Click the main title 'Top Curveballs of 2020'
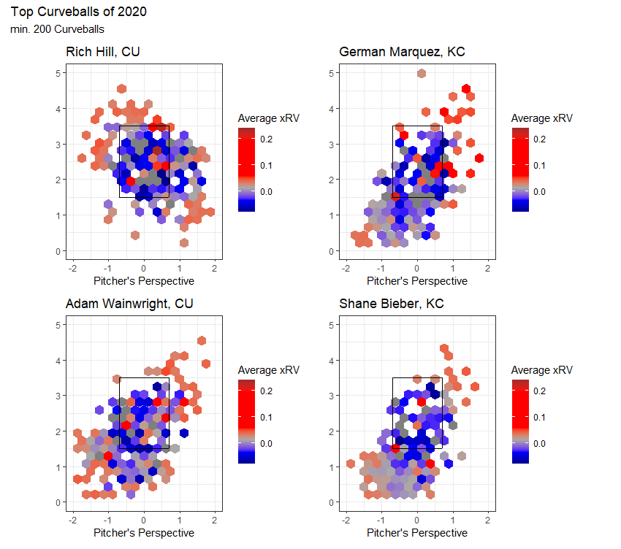coord(79,12)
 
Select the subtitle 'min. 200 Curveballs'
coord(58,30)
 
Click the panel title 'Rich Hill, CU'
coord(103,53)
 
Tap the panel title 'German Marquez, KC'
coord(402,53)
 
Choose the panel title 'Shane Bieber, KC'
coord(392,304)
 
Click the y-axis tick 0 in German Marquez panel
coord(330,251)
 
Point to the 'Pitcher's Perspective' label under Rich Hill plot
coord(144,281)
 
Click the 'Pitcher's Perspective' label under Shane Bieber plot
coord(417,533)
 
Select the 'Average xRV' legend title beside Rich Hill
coord(269,118)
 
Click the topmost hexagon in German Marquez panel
coord(422,73)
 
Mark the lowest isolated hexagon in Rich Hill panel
coord(183,243)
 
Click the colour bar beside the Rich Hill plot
coord(246,169)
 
